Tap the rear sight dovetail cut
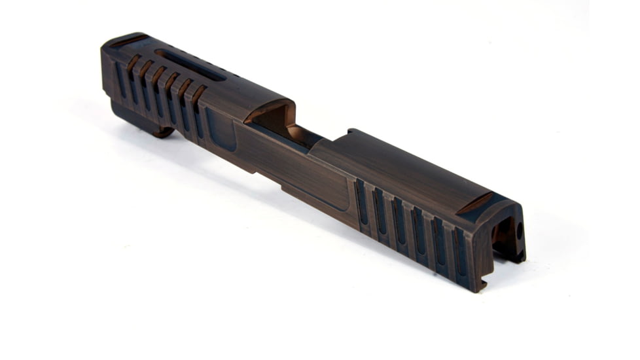[x=476, y=204]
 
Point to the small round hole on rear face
[x=520, y=230]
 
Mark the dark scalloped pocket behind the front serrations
[x=221, y=128]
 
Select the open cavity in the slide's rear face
[x=503, y=236]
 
